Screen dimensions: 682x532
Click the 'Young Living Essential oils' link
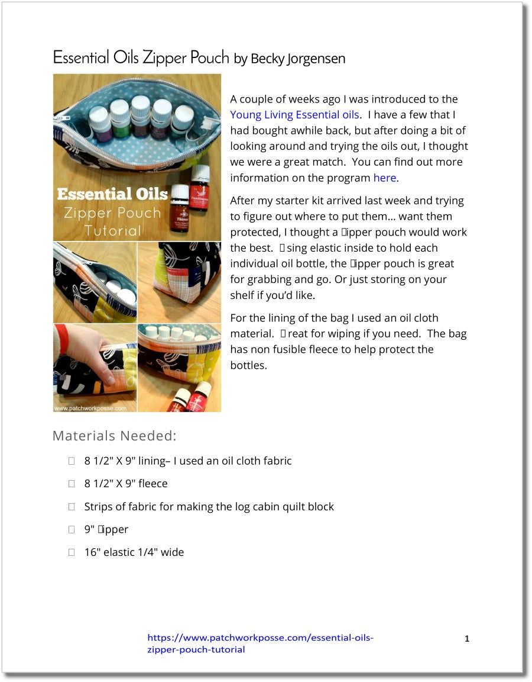(x=294, y=115)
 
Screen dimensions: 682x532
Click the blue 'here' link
(x=384, y=178)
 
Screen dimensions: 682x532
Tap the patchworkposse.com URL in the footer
(x=260, y=644)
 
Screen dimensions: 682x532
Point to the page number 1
(x=467, y=639)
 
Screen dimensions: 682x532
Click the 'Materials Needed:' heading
(x=115, y=436)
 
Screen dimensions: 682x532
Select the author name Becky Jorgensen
(x=298, y=59)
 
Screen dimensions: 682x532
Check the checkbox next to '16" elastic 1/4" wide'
(x=72, y=552)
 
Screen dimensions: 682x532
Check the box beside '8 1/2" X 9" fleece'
(x=72, y=484)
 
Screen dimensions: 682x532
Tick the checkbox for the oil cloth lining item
(x=72, y=461)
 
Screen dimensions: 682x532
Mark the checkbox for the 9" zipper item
(x=72, y=529)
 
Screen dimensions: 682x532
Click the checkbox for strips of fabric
(x=72, y=507)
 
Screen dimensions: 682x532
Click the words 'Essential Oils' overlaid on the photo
(x=112, y=194)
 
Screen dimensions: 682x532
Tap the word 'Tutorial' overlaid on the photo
(x=112, y=230)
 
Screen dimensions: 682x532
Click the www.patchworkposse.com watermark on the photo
(x=90, y=408)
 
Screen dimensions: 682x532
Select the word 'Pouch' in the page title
(x=210, y=57)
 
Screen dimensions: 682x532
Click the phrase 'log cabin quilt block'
(x=283, y=507)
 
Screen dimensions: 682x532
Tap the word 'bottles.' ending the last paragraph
(x=248, y=365)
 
